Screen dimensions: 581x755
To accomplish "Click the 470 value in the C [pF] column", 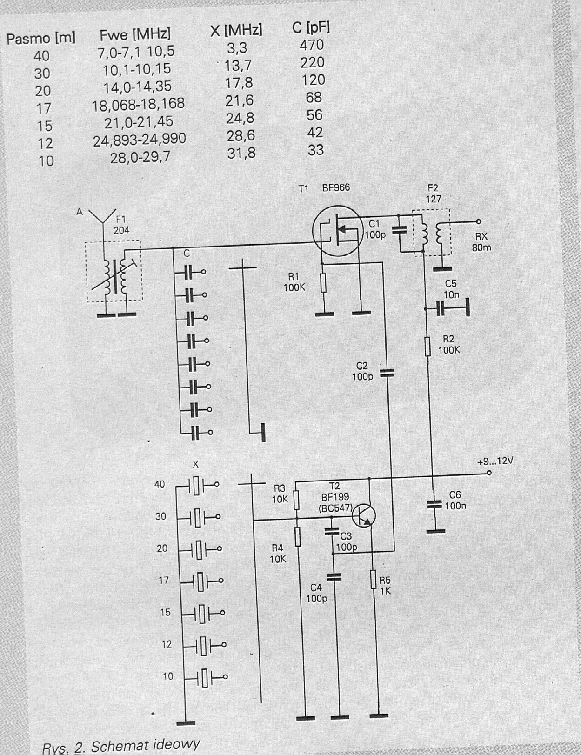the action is coord(312,45).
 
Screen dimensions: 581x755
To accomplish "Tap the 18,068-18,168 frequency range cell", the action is coord(138,104).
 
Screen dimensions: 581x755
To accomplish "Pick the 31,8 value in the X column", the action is coord(241,153).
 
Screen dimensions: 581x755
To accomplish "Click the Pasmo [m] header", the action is coord(41,38).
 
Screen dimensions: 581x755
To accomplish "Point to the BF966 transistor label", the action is coord(336,187).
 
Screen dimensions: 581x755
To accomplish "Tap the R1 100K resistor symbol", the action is coord(323,282).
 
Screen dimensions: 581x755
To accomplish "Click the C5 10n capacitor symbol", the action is coord(441,308).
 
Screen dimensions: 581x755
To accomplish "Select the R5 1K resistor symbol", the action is coord(374,579).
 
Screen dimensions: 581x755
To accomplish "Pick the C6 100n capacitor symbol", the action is coord(434,504).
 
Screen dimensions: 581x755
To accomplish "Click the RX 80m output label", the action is coord(481,242).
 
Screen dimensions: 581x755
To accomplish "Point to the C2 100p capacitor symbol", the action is coord(387,373).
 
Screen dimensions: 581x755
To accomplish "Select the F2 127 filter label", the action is coord(433,194).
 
